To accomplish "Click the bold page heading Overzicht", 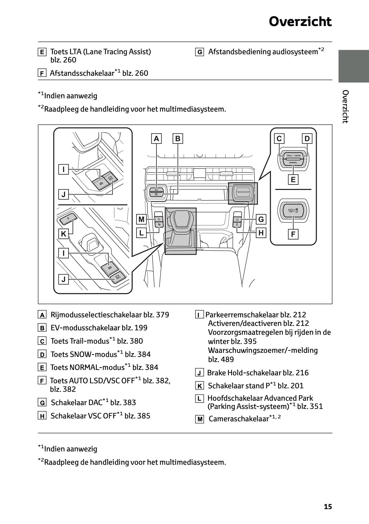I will click(300, 22).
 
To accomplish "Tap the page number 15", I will click(328, 507).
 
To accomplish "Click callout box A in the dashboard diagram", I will click(156, 139).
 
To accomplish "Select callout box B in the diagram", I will click(178, 139).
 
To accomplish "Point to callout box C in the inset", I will click(279, 139).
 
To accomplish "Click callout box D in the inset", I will click(307, 139).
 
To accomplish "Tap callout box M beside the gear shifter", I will click(141, 219).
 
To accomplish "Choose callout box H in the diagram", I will click(261, 233).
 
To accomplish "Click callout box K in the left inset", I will click(64, 234).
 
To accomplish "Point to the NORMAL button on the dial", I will click(293, 163).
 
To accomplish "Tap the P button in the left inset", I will click(67, 218).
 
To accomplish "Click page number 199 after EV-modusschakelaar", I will click(141, 328).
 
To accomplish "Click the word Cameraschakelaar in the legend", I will click(239, 419).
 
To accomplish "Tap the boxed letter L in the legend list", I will click(199, 399).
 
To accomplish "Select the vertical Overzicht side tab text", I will click(346, 107).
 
